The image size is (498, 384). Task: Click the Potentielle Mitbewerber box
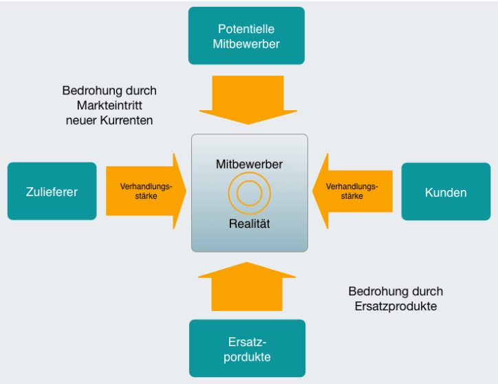tap(246, 36)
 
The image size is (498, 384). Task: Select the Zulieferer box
tap(52, 191)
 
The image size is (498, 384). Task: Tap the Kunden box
tap(446, 192)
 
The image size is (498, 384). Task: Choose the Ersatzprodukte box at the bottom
tap(247, 348)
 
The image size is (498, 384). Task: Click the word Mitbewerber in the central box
tap(249, 164)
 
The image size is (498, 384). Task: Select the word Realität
tap(249, 224)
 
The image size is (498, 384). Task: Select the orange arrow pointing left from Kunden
tap(351, 191)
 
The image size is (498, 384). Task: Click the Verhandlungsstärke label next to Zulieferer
tap(145, 191)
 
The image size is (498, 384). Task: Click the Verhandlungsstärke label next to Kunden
tap(351, 191)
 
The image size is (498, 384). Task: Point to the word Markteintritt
tap(109, 105)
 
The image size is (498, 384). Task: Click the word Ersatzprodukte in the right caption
tap(396, 306)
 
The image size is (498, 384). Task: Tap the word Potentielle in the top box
tap(246, 29)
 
